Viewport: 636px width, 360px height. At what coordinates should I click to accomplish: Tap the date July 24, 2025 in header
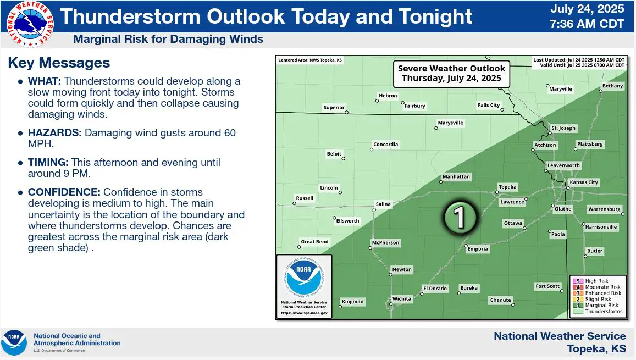[587, 9]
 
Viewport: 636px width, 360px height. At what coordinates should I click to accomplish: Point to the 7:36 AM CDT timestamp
[587, 24]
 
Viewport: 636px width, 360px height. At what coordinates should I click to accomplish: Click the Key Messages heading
[59, 63]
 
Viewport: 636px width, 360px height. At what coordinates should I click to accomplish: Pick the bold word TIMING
[48, 163]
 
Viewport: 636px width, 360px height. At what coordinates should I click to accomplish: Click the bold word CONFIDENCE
[64, 192]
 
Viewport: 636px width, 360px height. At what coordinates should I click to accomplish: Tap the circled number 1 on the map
[459, 217]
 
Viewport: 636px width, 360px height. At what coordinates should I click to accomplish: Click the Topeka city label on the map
[507, 187]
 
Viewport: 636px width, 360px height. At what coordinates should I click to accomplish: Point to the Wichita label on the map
[402, 299]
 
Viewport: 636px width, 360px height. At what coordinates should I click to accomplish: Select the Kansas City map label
[584, 182]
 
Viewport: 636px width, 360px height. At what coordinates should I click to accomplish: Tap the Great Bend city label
[315, 242]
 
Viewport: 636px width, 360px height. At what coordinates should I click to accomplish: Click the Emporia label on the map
[478, 249]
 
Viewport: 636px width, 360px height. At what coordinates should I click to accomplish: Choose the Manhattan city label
[456, 177]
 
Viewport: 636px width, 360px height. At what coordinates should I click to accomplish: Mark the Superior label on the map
[334, 107]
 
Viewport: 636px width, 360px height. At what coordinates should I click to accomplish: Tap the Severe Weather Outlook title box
[451, 74]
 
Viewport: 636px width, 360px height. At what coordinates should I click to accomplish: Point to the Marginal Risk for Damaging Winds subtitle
[168, 40]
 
